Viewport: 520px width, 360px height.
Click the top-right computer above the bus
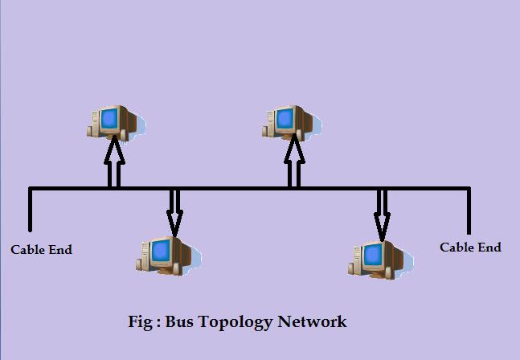[x=289, y=121]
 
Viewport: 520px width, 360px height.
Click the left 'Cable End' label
[x=41, y=250]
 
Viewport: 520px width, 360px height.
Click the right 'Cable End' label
[x=470, y=247]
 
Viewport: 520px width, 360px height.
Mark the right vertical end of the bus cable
[x=469, y=211]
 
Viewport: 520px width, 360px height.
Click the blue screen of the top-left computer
[x=109, y=120]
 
